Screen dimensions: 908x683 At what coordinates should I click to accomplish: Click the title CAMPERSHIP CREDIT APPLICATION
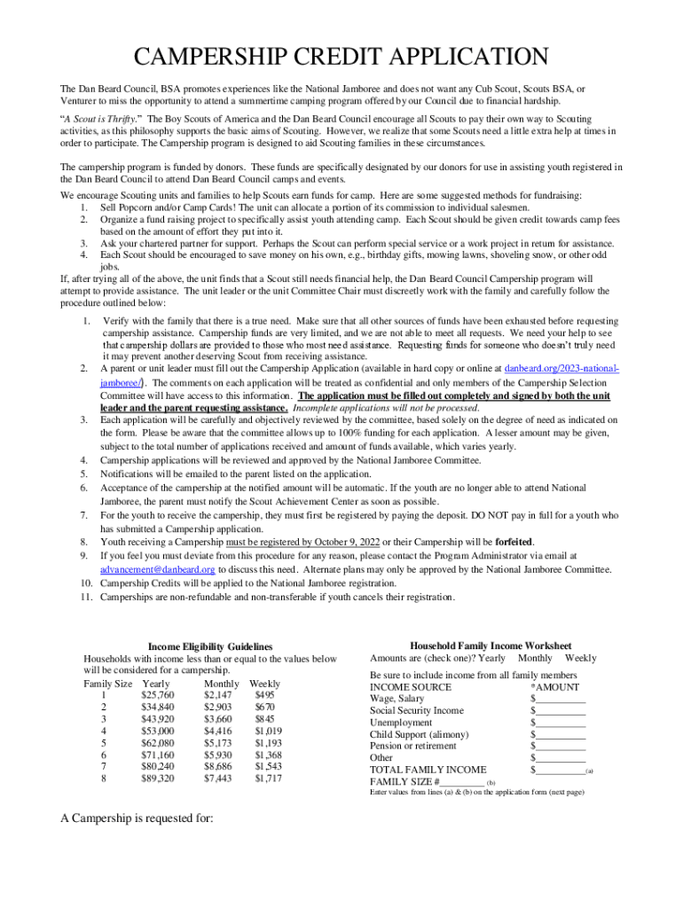coord(341,58)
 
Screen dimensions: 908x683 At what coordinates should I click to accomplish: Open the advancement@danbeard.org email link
coord(157,568)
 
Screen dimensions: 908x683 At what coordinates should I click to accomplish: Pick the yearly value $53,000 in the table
coord(158,731)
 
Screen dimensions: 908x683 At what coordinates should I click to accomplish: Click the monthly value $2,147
coord(218,695)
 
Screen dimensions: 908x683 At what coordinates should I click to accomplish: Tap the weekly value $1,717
coord(268,779)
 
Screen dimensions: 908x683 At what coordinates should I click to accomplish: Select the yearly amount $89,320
coord(158,779)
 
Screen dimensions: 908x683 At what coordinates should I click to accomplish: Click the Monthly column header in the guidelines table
coord(221,684)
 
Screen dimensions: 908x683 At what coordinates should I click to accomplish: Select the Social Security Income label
coord(416,710)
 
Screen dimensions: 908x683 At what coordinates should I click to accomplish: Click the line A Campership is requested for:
coord(137,818)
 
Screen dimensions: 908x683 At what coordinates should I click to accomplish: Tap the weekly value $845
coord(265,719)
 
